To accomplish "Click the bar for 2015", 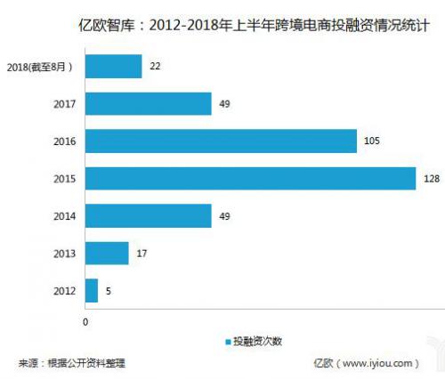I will point(250,178).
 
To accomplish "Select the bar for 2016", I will point(221,141).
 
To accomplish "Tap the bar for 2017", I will point(148,103).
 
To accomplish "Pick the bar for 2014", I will point(148,215).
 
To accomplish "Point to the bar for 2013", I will point(107,253).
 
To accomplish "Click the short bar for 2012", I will point(91,290).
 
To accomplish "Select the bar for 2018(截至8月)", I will point(113,66).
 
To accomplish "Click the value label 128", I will point(429,178).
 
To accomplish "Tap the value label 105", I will point(370,141).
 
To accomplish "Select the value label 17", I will point(141,253).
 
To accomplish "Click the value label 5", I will point(108,290).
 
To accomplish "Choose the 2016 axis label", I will point(65,141).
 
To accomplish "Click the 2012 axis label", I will point(65,290).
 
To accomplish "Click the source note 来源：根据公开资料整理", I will point(72,363).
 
